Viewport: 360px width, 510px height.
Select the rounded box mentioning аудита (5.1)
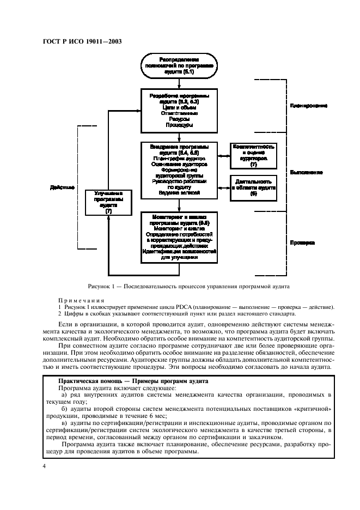point(179,65)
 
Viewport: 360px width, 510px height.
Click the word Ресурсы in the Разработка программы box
point(179,118)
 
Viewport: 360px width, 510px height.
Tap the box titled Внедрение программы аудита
point(179,169)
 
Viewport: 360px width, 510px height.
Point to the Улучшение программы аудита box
point(108,202)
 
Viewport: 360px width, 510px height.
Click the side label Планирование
point(309,105)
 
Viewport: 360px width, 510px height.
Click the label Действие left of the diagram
point(62,187)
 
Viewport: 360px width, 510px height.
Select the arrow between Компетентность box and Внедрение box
point(223,156)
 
